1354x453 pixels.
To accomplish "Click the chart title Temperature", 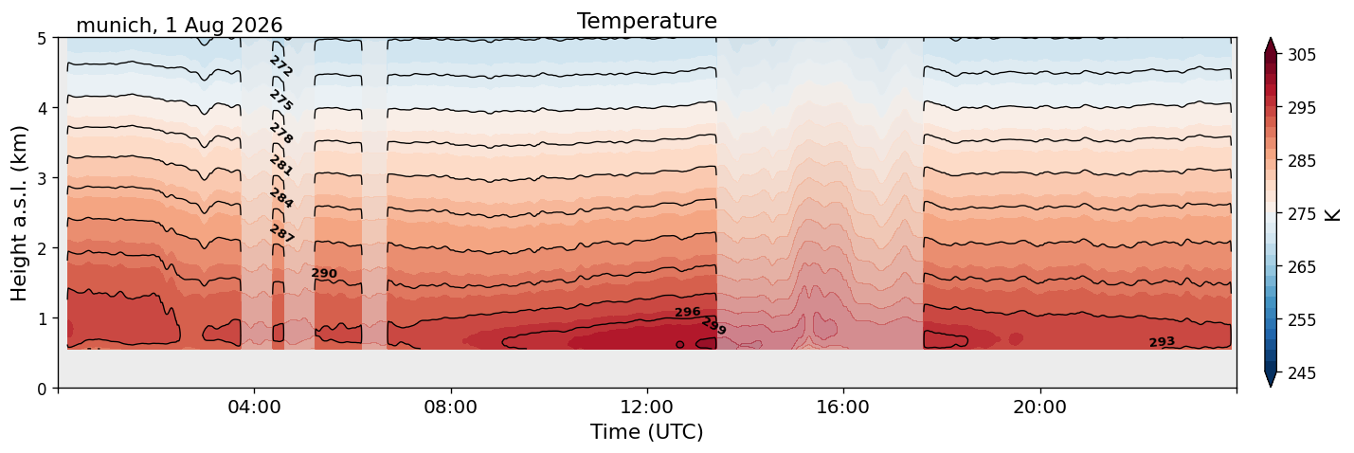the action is point(647,21).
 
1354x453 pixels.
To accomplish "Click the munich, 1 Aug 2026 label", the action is point(179,26).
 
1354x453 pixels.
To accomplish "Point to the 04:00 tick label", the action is point(255,407).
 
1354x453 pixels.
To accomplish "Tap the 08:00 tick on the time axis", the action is point(451,407).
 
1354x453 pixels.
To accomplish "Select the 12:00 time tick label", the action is point(647,407).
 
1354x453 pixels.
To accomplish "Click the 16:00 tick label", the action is point(843,407).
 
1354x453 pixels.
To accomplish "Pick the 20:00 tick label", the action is point(1039,407).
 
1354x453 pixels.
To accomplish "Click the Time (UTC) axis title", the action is point(647,432).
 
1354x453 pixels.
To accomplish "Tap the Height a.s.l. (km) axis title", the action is point(19,213).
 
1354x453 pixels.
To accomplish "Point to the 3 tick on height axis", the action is point(42,178).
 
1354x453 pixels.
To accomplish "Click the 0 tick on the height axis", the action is point(42,389).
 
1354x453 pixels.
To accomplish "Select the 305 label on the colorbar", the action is point(1301,55).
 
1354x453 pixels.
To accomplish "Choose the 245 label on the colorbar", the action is point(1301,373).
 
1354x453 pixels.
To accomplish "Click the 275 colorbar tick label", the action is point(1301,214).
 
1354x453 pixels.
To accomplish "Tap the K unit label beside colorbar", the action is point(1332,214).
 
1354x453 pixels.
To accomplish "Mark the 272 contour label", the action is point(281,66).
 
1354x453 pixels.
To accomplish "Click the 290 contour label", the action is point(324,273).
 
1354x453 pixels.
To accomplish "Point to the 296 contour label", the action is point(687,312).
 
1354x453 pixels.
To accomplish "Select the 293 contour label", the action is point(1162,342).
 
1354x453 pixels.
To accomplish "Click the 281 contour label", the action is point(281,165).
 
